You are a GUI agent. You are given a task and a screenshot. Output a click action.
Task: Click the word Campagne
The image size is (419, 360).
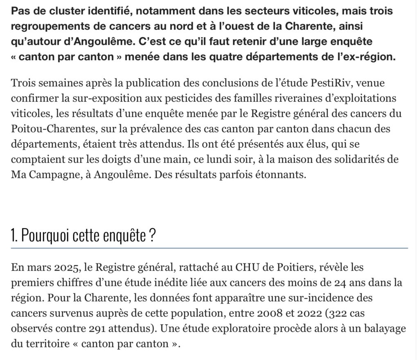[53, 175]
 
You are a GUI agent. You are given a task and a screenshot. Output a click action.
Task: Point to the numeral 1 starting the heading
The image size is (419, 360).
[14, 237]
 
